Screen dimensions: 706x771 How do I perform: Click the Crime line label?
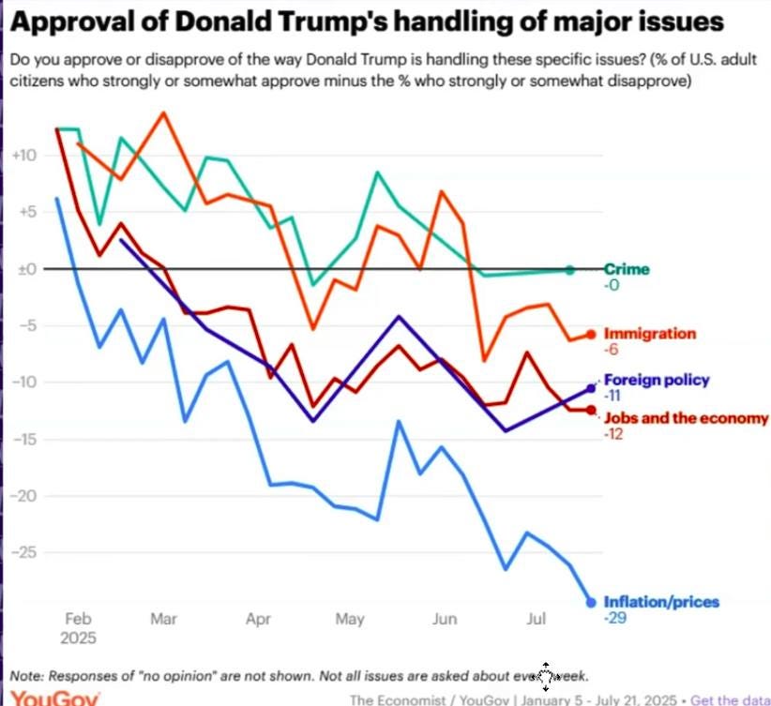(x=627, y=269)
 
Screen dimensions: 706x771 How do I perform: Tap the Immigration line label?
(x=650, y=333)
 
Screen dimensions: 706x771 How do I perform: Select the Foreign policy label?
(x=657, y=380)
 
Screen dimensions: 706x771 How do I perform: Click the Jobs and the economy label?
(x=686, y=417)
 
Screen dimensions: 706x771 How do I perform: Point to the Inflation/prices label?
(x=661, y=602)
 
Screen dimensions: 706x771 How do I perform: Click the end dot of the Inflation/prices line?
(x=591, y=602)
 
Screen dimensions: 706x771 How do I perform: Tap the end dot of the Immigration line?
(x=591, y=334)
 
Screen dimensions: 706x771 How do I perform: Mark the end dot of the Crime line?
(x=570, y=270)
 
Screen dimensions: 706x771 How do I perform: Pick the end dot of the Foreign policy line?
(x=591, y=387)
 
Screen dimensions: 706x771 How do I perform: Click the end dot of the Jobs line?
(x=591, y=410)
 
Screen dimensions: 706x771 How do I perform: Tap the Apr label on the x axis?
(x=257, y=619)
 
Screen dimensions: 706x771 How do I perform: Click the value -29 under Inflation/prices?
(x=614, y=617)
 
